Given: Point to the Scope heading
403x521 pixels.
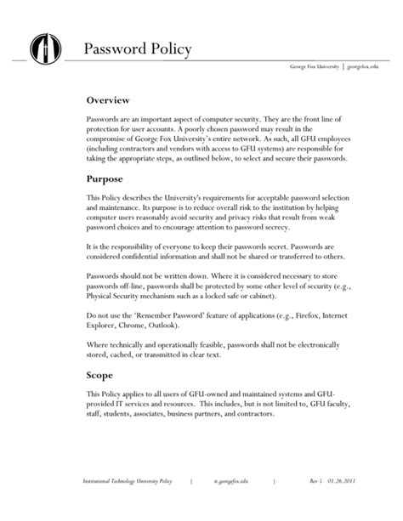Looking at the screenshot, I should [105, 375].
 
